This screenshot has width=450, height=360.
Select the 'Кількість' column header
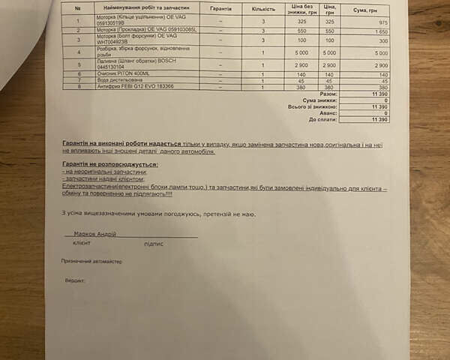pos(263,8)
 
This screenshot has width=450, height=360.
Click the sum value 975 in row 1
pos(381,22)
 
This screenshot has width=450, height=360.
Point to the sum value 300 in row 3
pos(381,40)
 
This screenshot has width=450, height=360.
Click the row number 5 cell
pos(78,66)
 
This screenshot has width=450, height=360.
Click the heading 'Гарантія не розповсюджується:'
pos(110,163)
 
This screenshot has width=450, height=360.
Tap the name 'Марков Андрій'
pos(95,234)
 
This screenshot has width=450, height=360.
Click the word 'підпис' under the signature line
pos(153,244)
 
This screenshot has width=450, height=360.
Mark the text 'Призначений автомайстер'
pos(92,261)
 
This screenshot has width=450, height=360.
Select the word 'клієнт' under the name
pos(82,244)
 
